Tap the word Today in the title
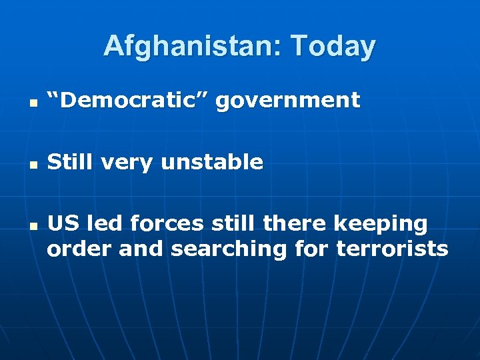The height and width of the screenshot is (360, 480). click(x=333, y=46)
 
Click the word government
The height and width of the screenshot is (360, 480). click(x=287, y=101)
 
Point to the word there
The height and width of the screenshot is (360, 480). click(x=293, y=224)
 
